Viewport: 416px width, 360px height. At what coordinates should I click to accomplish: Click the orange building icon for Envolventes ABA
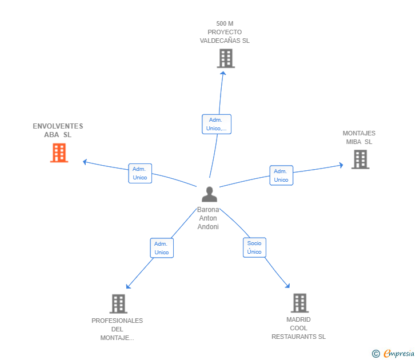(x=59, y=153)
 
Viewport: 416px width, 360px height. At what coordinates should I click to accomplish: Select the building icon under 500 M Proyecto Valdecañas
(x=226, y=58)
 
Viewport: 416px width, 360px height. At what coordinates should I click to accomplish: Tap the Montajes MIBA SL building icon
(x=360, y=159)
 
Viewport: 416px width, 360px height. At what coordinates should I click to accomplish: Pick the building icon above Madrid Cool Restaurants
(x=300, y=303)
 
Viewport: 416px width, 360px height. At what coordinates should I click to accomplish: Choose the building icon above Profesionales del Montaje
(x=118, y=304)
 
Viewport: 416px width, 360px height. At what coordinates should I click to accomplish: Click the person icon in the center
(x=209, y=194)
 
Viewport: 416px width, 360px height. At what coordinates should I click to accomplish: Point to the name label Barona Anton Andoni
(x=208, y=218)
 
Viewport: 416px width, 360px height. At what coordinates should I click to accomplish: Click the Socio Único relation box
(x=254, y=247)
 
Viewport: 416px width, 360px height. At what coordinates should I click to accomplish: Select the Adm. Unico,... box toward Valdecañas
(x=217, y=124)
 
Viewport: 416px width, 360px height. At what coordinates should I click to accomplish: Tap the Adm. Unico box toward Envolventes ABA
(x=140, y=173)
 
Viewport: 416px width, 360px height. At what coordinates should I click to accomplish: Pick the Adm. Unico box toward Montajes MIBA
(x=281, y=175)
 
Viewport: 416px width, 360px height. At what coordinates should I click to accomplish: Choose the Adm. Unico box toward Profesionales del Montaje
(x=162, y=248)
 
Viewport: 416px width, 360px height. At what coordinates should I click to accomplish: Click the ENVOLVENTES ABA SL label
(x=58, y=130)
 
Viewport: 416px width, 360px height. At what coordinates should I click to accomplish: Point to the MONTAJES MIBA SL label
(x=359, y=137)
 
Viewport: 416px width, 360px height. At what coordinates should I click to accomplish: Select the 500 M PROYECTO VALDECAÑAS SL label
(x=225, y=32)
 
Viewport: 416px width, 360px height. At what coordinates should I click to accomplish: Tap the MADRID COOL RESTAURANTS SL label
(x=298, y=328)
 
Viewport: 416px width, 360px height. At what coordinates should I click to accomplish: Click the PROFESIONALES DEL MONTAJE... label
(x=117, y=329)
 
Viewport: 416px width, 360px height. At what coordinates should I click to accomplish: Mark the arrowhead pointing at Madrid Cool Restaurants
(x=287, y=286)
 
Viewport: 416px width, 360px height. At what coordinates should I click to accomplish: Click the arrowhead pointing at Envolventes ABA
(x=85, y=162)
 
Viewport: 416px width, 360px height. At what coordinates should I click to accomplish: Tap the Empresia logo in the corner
(x=393, y=354)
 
